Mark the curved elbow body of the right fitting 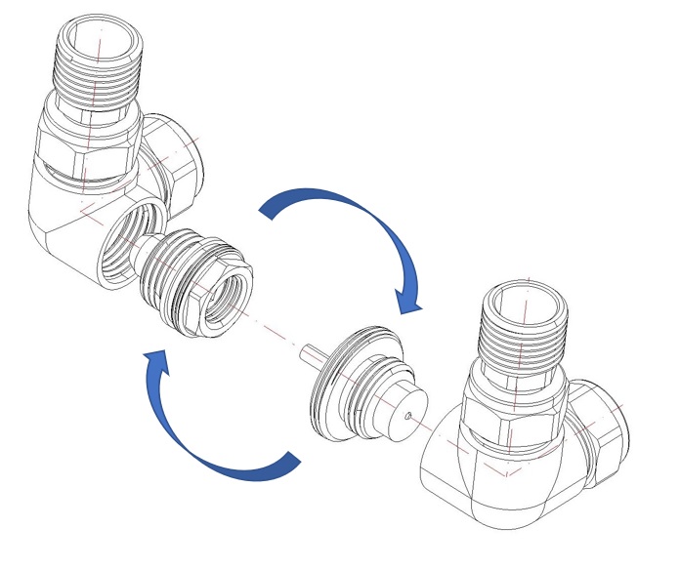(469, 468)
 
